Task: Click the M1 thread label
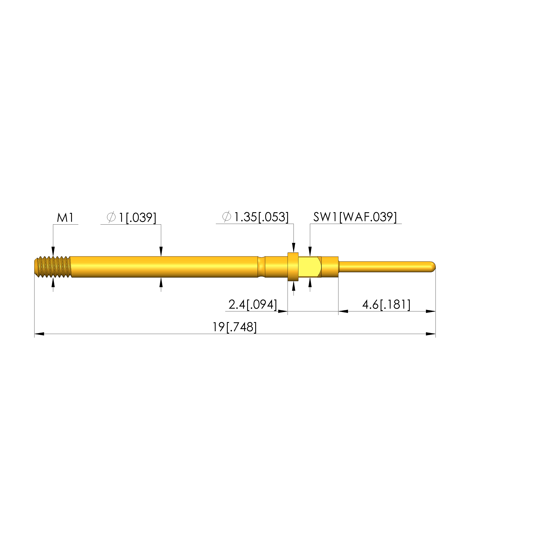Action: tap(65, 218)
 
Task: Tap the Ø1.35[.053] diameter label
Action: tap(255, 217)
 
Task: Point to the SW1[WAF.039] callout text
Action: tap(355, 217)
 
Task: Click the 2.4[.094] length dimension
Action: tap(253, 305)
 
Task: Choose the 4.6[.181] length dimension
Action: tap(386, 305)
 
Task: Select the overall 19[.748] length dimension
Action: tap(235, 327)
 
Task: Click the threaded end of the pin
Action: tap(53, 267)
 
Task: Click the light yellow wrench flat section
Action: tap(309, 267)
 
